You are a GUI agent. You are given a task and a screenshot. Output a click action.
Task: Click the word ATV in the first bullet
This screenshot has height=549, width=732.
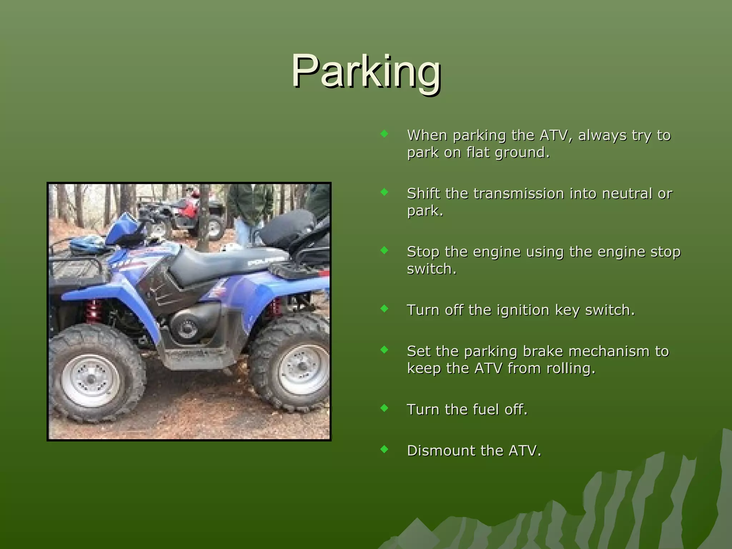554,135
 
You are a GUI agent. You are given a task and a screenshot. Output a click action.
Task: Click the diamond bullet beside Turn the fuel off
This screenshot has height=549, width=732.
385,408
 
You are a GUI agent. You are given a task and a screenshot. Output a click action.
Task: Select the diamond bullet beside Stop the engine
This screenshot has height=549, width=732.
385,250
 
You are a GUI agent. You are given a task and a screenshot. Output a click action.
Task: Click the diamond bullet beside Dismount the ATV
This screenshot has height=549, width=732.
385,449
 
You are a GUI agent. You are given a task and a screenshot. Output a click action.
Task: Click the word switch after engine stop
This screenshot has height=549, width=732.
431,269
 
